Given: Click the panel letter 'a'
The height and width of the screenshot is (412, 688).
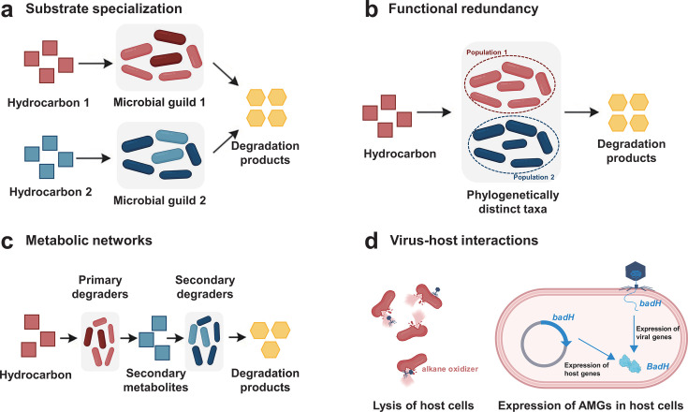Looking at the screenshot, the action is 7,10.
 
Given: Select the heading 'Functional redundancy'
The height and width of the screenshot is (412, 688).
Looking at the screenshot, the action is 463,8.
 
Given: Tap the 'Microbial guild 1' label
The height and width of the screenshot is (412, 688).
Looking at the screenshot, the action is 159,102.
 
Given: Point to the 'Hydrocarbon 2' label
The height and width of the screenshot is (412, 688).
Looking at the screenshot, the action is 51,192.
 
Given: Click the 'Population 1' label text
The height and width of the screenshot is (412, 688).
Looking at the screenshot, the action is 487,52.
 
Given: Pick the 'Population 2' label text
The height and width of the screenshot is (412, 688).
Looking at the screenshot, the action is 534,177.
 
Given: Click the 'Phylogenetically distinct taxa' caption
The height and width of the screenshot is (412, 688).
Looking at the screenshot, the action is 513,202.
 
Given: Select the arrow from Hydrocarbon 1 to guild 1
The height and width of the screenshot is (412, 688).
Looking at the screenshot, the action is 95,64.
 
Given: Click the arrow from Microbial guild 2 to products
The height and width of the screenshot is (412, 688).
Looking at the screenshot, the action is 226,141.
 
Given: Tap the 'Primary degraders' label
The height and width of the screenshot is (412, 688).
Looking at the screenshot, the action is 100,287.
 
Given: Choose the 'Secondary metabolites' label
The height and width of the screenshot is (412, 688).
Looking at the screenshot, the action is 155,380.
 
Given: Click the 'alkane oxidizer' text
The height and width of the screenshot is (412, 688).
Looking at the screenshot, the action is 449,369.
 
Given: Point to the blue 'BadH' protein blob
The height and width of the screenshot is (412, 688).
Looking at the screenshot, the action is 630,363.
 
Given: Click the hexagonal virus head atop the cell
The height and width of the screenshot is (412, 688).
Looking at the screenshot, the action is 636,272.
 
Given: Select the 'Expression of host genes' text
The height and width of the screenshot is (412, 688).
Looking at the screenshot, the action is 586,369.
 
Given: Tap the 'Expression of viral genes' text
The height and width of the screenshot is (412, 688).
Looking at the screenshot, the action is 658,332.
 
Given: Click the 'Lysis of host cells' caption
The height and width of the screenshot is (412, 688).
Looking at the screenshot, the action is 423,405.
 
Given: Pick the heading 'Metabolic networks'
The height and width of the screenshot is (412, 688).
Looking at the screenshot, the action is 89,241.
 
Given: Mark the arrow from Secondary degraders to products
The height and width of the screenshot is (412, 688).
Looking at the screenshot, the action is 237,337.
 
